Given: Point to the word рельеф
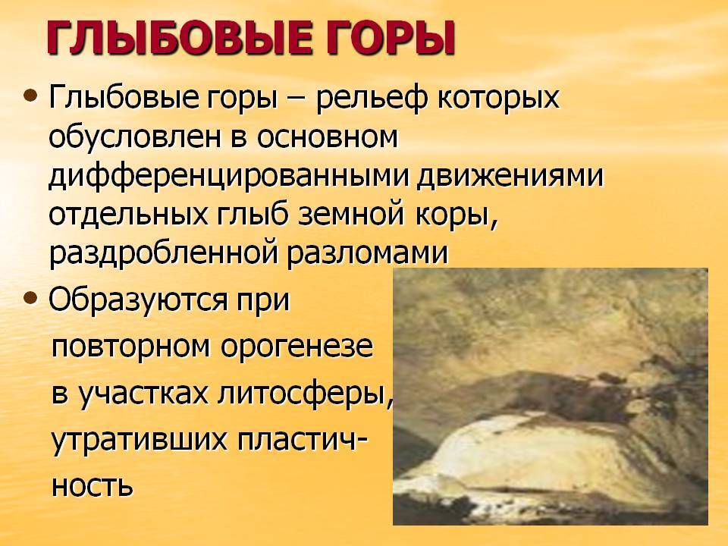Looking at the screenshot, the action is pos(371,98).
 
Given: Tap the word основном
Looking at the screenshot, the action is pos(327,138).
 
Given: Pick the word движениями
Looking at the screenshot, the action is pos(510,177).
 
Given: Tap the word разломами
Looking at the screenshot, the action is pos(366,255).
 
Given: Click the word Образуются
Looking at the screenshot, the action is pos(138,300).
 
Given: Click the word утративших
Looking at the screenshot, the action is pos(138,440).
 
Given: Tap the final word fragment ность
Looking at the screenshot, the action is pos(92,485).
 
